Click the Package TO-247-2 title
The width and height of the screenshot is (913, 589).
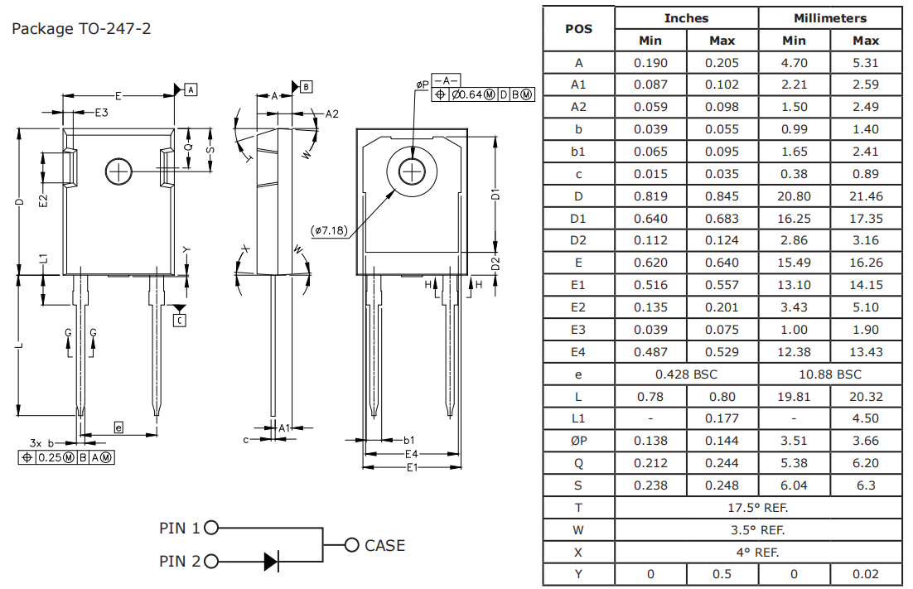80,29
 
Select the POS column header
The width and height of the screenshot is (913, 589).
578,29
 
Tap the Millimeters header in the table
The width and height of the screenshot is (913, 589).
829,18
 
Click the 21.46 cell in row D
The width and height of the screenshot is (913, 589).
866,196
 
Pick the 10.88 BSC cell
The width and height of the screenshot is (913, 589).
829,374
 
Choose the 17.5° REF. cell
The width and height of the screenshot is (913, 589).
758,508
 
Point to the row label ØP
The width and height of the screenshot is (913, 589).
578,442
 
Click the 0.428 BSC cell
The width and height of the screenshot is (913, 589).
686,374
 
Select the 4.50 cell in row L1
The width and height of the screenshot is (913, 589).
866,418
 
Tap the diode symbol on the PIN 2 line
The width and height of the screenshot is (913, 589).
271,561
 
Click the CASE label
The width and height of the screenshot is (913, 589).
384,545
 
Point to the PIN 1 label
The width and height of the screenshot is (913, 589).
179,528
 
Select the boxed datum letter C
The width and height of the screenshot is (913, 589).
180,320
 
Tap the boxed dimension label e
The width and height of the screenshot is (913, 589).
118,427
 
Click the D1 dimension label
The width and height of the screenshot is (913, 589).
495,195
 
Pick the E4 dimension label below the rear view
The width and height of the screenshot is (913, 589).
411,454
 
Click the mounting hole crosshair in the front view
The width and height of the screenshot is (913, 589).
119,171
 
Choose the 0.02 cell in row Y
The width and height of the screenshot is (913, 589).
866,574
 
